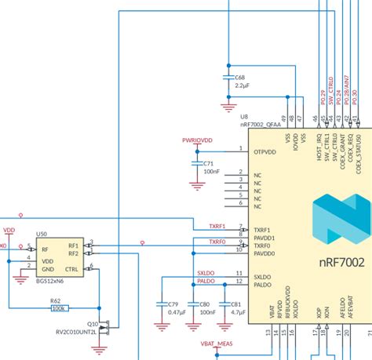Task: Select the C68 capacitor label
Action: [239, 77]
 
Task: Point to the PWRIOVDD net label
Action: [197, 140]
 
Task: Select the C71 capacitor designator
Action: [208, 163]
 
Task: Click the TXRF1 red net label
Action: [217, 226]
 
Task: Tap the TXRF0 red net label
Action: [217, 242]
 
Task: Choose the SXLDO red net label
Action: [206, 272]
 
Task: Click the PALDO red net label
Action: [206, 280]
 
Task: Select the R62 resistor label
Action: [56, 300]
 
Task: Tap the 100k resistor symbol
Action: [58, 308]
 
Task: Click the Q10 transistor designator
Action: [92, 323]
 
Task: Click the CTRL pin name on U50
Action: [71, 268]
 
